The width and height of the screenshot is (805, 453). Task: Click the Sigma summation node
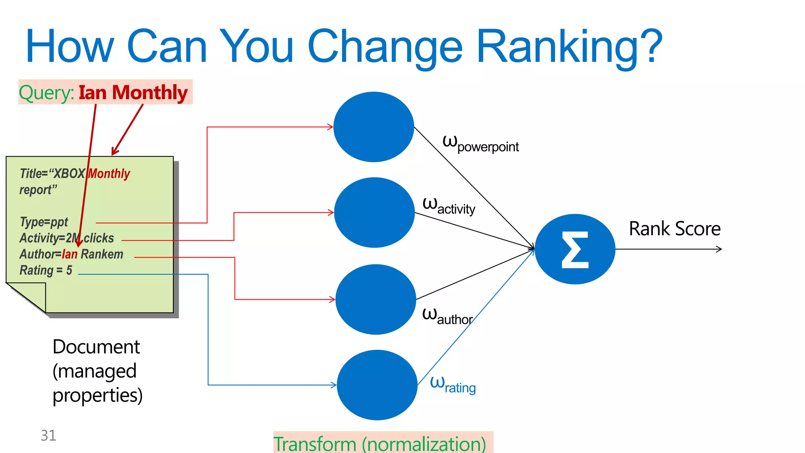(575, 249)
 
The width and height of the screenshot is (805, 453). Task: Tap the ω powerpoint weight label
(480, 144)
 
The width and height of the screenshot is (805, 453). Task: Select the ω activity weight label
(448, 206)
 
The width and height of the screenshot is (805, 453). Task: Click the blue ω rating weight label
(453, 385)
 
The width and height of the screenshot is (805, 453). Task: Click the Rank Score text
(675, 229)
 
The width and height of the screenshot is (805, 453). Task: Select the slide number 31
(48, 435)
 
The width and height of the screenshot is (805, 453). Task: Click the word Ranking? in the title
(569, 46)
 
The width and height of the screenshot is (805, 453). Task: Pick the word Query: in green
(46, 93)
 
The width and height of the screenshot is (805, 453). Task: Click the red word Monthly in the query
(150, 93)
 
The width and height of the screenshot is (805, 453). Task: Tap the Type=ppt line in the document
(44, 222)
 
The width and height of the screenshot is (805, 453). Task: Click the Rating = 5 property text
(46, 271)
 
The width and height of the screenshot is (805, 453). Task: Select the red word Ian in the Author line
(70, 254)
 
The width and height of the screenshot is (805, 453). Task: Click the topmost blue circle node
(373, 127)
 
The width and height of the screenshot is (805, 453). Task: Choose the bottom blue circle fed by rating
(377, 385)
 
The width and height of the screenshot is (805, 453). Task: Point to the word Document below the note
(96, 347)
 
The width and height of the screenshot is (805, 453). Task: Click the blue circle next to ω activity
(374, 213)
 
